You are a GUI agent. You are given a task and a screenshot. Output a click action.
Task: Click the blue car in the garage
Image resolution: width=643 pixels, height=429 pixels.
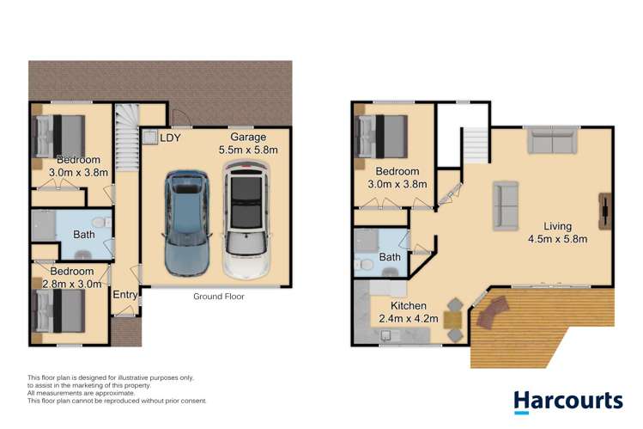tap(187, 223)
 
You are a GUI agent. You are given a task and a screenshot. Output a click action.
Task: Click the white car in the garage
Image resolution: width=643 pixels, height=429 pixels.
tap(246, 220)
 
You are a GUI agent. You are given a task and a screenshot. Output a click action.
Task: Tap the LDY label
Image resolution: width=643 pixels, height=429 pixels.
tap(170, 138)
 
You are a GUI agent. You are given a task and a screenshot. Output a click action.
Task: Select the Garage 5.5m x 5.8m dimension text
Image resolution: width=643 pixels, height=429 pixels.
tap(248, 144)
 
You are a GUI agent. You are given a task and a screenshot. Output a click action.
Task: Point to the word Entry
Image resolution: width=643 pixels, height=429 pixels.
tap(125, 295)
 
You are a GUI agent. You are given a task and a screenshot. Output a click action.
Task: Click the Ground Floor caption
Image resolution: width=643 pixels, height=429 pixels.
tap(219, 297)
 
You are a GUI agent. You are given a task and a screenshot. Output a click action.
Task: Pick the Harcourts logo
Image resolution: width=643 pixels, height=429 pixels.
tap(568, 401)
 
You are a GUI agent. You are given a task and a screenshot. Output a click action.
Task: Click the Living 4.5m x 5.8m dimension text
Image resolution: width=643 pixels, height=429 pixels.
tap(558, 232)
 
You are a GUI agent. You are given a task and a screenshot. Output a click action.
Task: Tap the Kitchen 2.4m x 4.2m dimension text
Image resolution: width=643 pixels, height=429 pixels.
tap(409, 312)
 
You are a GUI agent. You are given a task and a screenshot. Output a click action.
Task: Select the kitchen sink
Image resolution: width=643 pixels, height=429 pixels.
tap(385, 336)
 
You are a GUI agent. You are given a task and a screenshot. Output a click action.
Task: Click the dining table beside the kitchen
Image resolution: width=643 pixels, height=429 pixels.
tap(453, 320)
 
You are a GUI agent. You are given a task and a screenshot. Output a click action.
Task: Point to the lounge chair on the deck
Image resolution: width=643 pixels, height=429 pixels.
tap(494, 312)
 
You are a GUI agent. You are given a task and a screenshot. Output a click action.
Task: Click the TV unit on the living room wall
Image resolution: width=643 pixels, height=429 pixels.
tap(605, 211)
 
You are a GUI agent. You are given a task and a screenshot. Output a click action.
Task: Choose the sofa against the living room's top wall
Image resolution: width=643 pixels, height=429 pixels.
tap(552, 142)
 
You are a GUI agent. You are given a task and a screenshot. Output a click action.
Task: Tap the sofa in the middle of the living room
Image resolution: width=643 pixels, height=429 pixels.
tap(506, 205)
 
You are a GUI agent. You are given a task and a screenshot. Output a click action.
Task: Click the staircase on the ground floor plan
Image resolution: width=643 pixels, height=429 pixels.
tap(127, 138)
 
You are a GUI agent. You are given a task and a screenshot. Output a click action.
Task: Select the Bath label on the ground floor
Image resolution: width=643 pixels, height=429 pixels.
tap(84, 235)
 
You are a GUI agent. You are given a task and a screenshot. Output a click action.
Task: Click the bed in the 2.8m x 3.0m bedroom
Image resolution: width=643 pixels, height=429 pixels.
tap(58, 310)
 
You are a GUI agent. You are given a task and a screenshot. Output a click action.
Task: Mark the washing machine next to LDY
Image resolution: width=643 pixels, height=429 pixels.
tap(150, 137)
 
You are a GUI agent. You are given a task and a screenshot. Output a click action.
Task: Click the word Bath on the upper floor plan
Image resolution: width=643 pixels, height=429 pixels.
tap(390, 257)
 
